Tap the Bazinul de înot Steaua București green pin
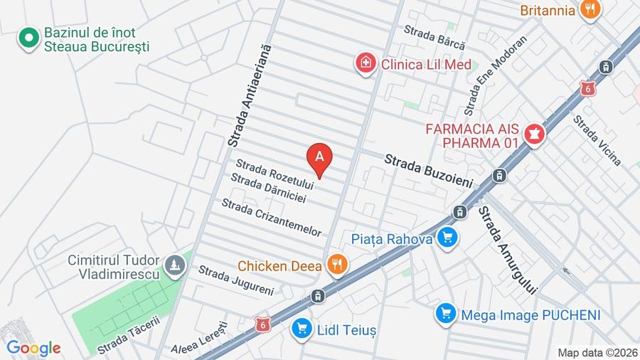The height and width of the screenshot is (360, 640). (28, 39)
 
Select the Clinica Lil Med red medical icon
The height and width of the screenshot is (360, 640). (366, 63)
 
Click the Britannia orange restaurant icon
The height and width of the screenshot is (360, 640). (590, 10)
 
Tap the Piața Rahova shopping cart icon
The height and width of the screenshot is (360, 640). (447, 238)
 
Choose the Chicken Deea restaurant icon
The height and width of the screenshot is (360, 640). (338, 265)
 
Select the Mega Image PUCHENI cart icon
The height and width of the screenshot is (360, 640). (446, 314)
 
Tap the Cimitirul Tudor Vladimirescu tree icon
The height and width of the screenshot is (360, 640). (174, 266)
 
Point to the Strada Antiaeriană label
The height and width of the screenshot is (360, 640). (250, 95)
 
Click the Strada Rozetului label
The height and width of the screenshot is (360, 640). (274, 174)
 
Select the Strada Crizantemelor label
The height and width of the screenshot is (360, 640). (272, 218)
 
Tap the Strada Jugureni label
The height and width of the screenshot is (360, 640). (235, 280)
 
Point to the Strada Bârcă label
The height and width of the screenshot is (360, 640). (429, 36)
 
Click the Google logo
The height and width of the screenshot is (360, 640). (33, 348)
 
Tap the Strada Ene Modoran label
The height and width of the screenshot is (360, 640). (496, 75)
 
